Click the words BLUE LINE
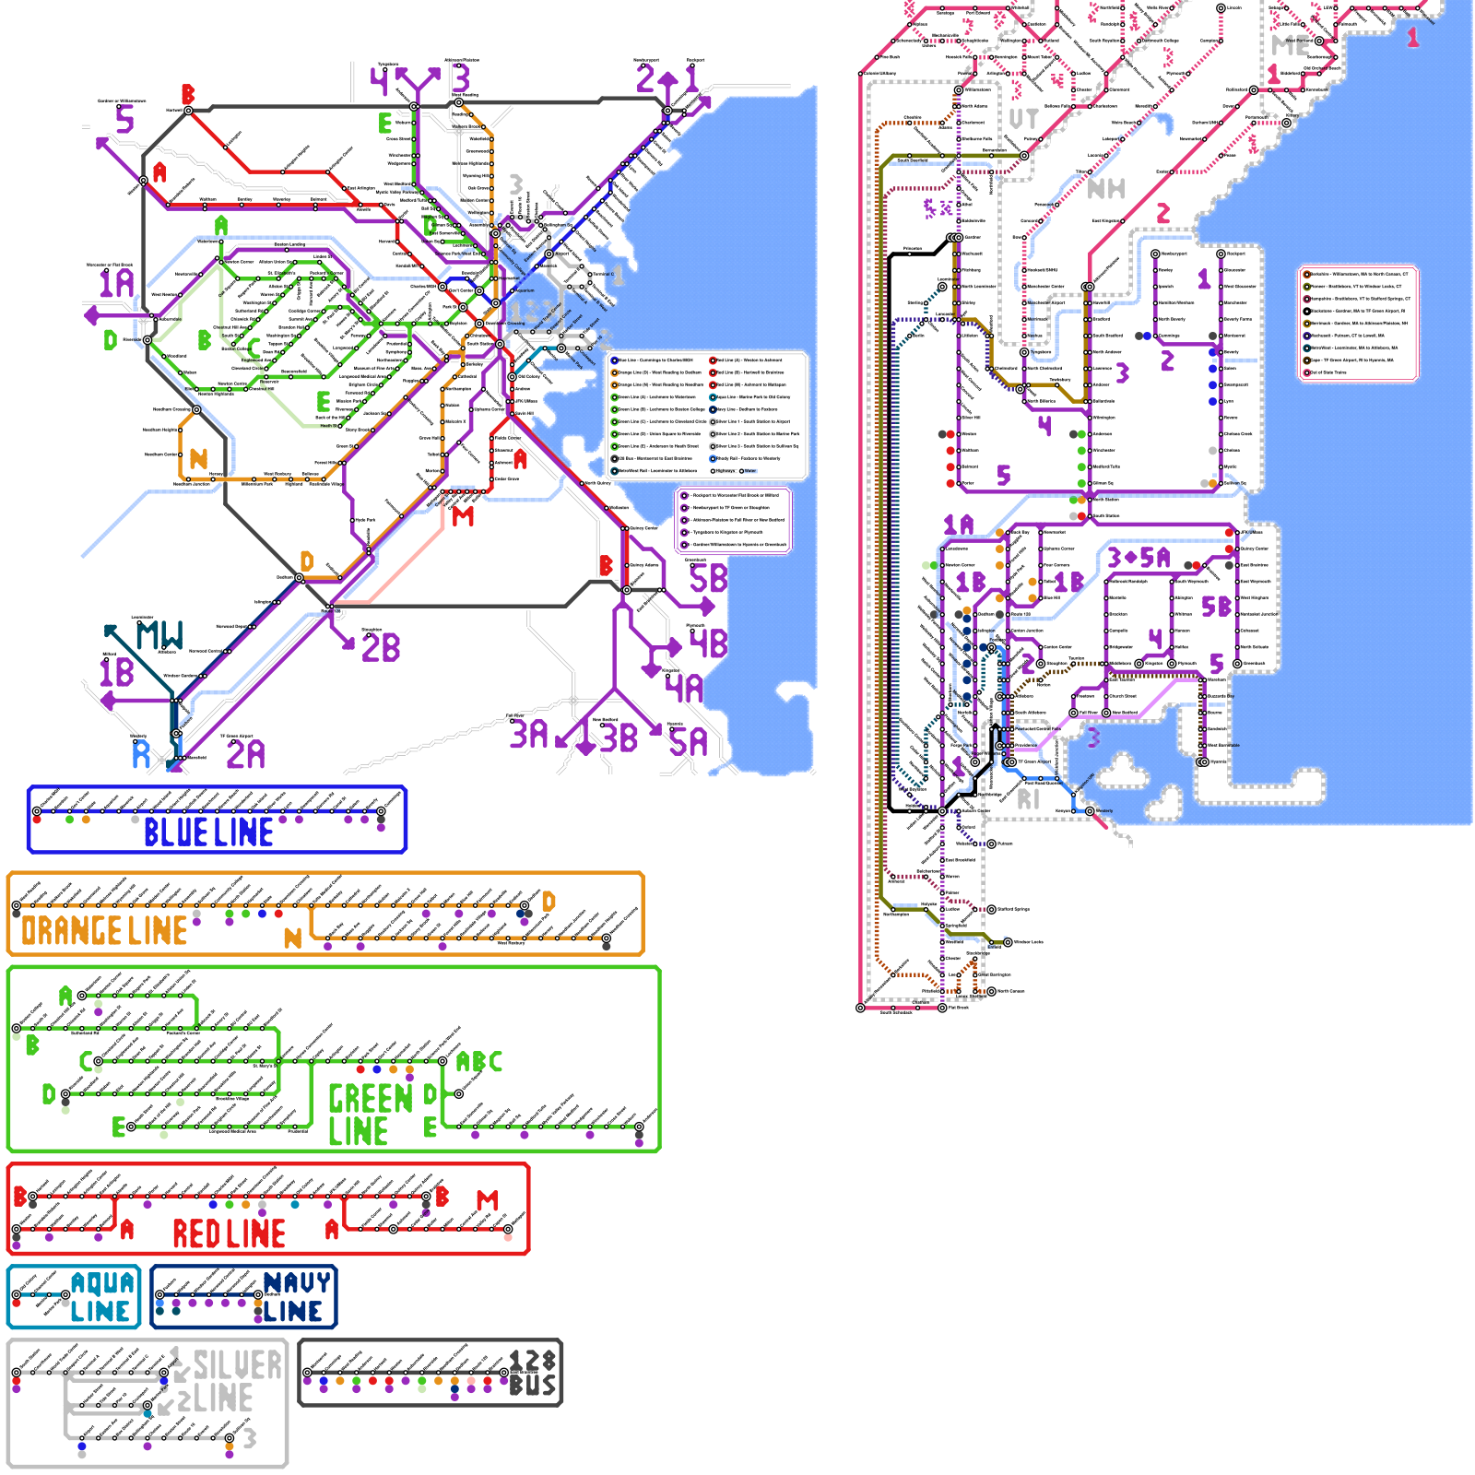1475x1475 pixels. (x=208, y=832)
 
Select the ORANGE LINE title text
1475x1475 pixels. (x=104, y=931)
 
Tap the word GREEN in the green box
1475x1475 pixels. (x=371, y=1099)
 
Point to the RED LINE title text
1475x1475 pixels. (x=229, y=1233)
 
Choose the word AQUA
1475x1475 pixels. (x=102, y=1282)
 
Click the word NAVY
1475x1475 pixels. (x=297, y=1282)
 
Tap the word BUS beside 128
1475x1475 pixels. (x=533, y=1386)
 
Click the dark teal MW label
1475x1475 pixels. (x=159, y=635)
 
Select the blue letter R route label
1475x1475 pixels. (x=141, y=754)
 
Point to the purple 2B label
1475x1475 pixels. (x=381, y=647)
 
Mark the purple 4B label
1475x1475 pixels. (x=708, y=643)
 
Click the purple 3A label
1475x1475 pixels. (x=529, y=735)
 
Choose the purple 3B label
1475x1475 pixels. (x=619, y=737)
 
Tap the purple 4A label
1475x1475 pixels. (x=684, y=688)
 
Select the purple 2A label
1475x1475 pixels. (x=245, y=755)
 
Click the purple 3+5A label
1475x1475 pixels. (x=1139, y=558)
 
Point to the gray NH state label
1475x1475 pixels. (x=1106, y=189)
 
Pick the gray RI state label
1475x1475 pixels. (x=1028, y=799)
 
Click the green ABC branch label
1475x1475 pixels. (x=479, y=1062)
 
